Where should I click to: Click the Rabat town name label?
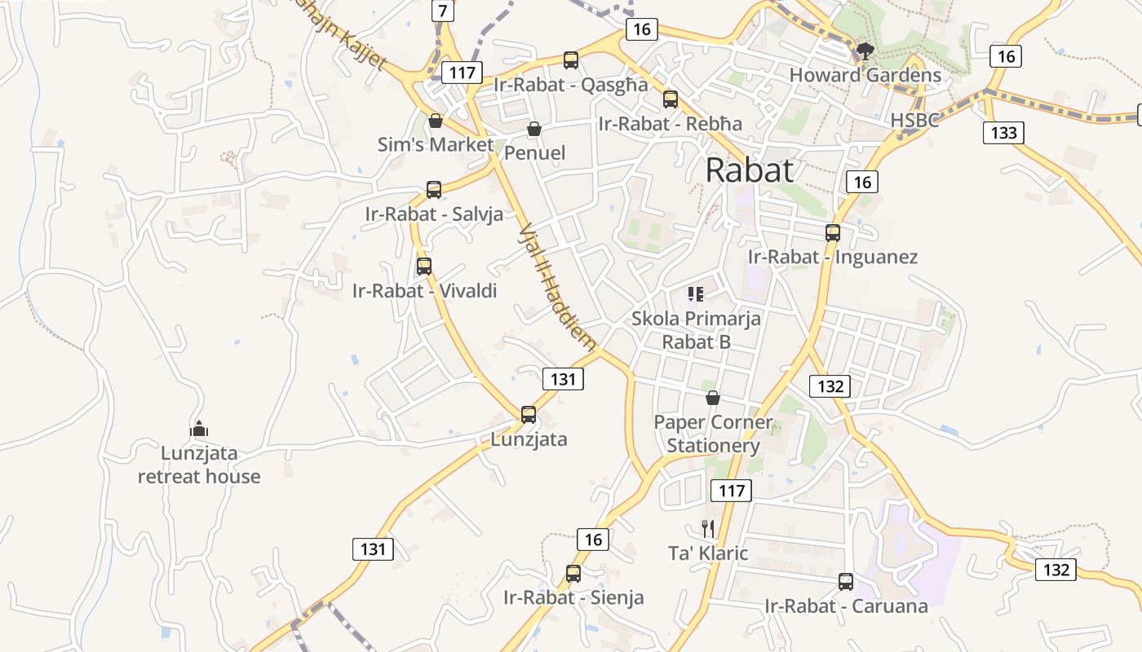pyautogui.click(x=749, y=170)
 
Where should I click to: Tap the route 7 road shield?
pyautogui.click(x=442, y=11)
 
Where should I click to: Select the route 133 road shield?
pyautogui.click(x=1003, y=132)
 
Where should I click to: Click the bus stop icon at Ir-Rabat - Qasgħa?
pyautogui.click(x=571, y=59)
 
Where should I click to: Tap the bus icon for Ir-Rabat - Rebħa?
pyautogui.click(x=671, y=99)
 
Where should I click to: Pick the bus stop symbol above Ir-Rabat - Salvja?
pyautogui.click(x=434, y=190)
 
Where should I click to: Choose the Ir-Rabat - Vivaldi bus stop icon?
pyautogui.click(x=424, y=266)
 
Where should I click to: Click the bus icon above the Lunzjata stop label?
pyautogui.click(x=529, y=415)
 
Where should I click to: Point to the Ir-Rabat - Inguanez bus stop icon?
pyautogui.click(x=832, y=233)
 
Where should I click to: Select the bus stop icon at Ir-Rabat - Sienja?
pyautogui.click(x=573, y=574)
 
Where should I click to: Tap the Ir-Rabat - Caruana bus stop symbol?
pyautogui.click(x=846, y=582)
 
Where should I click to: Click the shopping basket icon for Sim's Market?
pyautogui.click(x=436, y=121)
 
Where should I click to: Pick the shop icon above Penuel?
pyautogui.click(x=534, y=129)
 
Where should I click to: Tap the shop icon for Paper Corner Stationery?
pyautogui.click(x=713, y=398)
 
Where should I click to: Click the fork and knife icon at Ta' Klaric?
pyautogui.click(x=708, y=529)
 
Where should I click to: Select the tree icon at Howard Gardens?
pyautogui.click(x=865, y=52)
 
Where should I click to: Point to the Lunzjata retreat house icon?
pyautogui.click(x=198, y=429)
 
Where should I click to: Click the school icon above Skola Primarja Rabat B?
pyautogui.click(x=696, y=293)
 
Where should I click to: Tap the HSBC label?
pyautogui.click(x=914, y=120)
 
